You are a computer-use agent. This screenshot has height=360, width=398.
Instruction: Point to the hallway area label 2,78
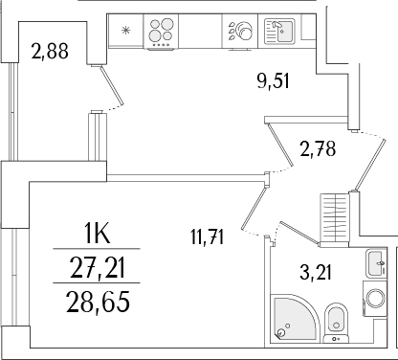coord(318,148)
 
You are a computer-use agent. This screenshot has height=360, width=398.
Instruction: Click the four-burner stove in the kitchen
coord(160,32)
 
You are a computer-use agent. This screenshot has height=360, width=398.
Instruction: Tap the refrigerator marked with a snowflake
coord(123,31)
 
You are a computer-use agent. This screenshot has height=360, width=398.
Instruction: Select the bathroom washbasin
coord(373,263)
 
